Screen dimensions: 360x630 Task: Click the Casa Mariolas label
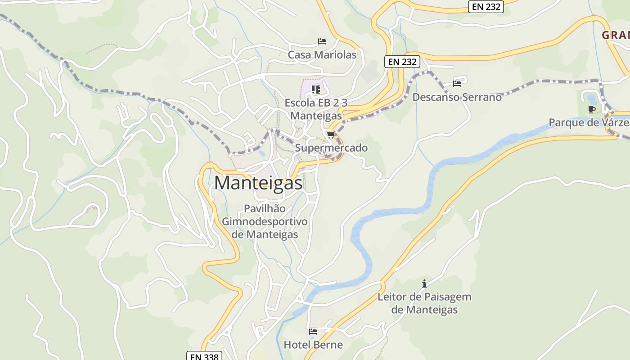(322, 55)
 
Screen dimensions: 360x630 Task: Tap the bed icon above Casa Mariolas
(322, 41)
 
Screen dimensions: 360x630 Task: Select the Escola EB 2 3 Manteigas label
(316, 109)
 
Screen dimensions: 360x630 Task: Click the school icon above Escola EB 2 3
(315, 89)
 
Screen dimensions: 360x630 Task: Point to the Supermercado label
(331, 148)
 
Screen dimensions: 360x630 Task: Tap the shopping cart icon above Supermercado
(331, 135)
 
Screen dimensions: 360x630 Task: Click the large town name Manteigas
(258, 183)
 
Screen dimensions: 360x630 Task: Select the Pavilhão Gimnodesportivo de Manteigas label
(265, 221)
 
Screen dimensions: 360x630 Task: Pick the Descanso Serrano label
(457, 97)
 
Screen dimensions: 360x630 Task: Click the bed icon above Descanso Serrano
(457, 84)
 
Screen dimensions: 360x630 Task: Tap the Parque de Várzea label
(589, 122)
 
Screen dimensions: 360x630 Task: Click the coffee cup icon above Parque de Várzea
(592, 109)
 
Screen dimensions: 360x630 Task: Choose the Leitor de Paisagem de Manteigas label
(424, 303)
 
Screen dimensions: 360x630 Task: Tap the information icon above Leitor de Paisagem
(424, 283)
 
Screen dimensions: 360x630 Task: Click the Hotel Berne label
(313, 345)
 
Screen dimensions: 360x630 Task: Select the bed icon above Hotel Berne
(313, 332)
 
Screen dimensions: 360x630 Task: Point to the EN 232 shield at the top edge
(486, 7)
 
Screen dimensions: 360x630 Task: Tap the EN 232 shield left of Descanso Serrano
(402, 62)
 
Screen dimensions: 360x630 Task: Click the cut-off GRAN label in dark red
(616, 35)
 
